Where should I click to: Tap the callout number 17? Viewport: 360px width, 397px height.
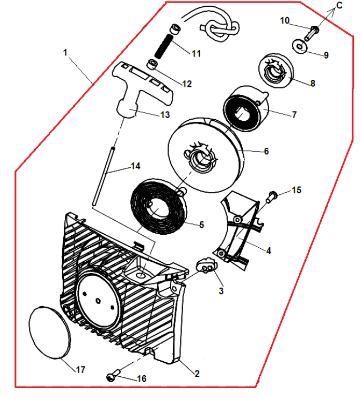(x=80, y=370)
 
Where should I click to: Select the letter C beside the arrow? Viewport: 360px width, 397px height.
(x=339, y=5)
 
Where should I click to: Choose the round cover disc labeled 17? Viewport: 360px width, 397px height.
(x=50, y=331)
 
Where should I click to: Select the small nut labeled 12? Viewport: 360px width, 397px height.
(x=152, y=65)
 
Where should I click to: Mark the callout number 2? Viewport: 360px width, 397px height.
(x=197, y=373)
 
